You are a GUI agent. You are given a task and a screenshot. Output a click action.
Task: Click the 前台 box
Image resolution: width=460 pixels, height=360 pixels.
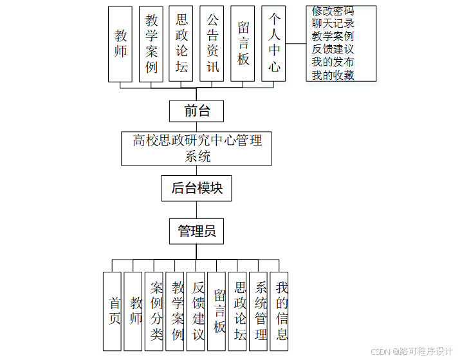pyautogui.click(x=197, y=111)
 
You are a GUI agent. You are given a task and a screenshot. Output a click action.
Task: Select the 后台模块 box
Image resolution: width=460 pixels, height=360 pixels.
pyautogui.click(x=197, y=188)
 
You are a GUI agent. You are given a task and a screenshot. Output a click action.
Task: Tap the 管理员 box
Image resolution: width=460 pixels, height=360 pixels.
pyautogui.click(x=197, y=231)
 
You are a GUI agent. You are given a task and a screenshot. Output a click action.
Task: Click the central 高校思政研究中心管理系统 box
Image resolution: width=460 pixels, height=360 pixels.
pyautogui.click(x=197, y=148)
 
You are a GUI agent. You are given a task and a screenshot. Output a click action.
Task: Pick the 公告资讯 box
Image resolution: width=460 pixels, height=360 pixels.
pyautogui.click(x=212, y=44)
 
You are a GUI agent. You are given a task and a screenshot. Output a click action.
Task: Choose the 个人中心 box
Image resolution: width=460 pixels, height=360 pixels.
pyautogui.click(x=273, y=44)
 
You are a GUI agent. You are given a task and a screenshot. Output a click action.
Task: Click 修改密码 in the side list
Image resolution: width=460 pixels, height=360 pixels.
pyautogui.click(x=333, y=12)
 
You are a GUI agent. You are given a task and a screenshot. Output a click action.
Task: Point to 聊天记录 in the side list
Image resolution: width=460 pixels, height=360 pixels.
pyautogui.click(x=333, y=24)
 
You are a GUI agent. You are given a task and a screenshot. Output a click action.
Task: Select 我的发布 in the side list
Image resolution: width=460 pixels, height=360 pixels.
pyautogui.click(x=333, y=62)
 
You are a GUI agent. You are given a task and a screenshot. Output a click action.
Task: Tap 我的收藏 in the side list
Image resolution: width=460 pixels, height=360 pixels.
pyautogui.click(x=333, y=75)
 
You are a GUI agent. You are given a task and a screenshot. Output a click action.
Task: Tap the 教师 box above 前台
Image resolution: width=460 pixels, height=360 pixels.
pyautogui.click(x=120, y=44)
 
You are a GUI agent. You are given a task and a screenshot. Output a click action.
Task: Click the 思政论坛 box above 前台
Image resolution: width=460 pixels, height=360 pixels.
pyautogui.click(x=181, y=44)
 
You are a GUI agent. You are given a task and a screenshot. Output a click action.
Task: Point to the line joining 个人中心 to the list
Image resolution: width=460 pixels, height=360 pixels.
pyautogui.click(x=296, y=44)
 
